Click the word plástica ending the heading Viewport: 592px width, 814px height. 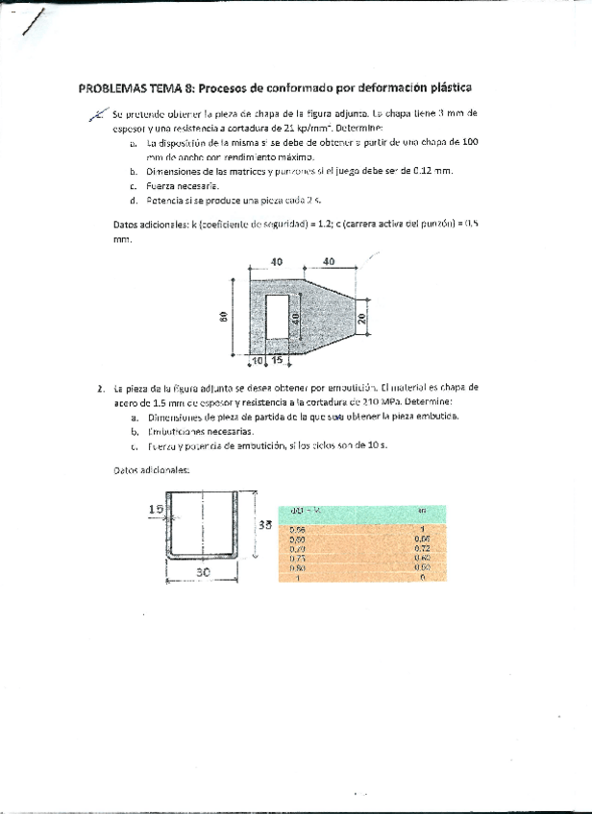pos(447,87)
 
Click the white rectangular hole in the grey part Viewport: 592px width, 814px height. pos(278,316)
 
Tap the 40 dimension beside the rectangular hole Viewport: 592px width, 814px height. pos(296,316)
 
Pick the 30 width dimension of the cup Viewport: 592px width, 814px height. pos(203,570)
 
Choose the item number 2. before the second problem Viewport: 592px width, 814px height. pos(100,389)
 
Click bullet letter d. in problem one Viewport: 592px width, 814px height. pos(133,201)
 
